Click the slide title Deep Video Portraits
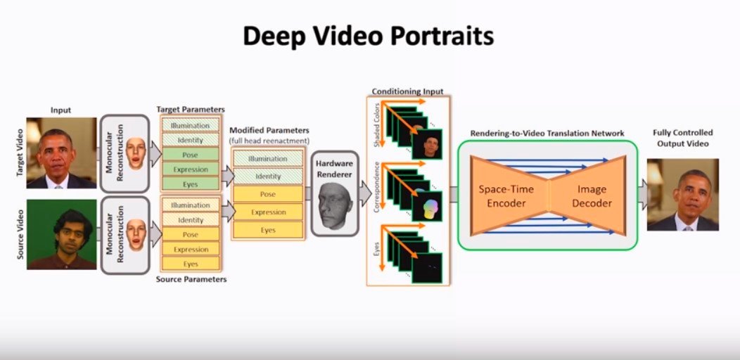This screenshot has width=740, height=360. tap(369, 36)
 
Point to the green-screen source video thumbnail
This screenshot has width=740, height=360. tap(61, 234)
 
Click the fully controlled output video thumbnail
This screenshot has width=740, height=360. tap(683, 195)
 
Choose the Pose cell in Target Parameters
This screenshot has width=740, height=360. tap(190, 155)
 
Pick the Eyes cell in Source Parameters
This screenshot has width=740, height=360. tap(190, 264)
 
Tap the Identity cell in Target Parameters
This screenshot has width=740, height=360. tap(190, 140)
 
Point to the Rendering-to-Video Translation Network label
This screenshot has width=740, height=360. tap(547, 133)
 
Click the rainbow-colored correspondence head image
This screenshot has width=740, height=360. tap(429, 207)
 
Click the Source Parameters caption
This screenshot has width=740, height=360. tap(191, 279)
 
